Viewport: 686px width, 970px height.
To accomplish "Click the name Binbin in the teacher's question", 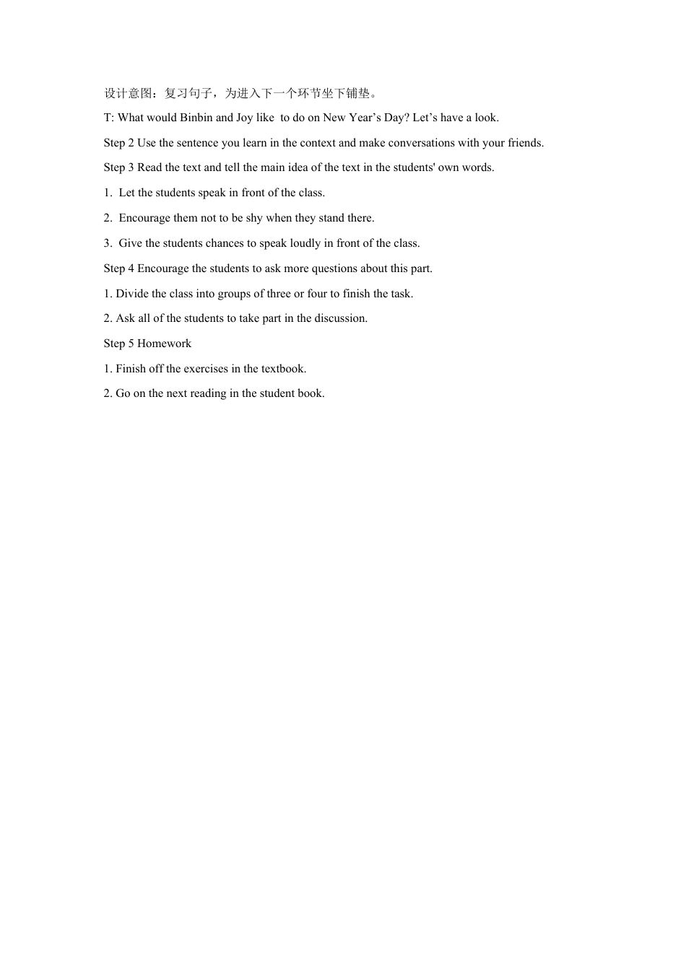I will (x=196, y=118).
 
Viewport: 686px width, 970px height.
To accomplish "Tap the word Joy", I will (x=244, y=118).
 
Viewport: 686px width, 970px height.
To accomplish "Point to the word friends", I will (x=526, y=143).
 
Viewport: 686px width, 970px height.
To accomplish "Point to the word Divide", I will (x=132, y=294).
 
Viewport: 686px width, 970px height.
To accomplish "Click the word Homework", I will (x=164, y=344).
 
